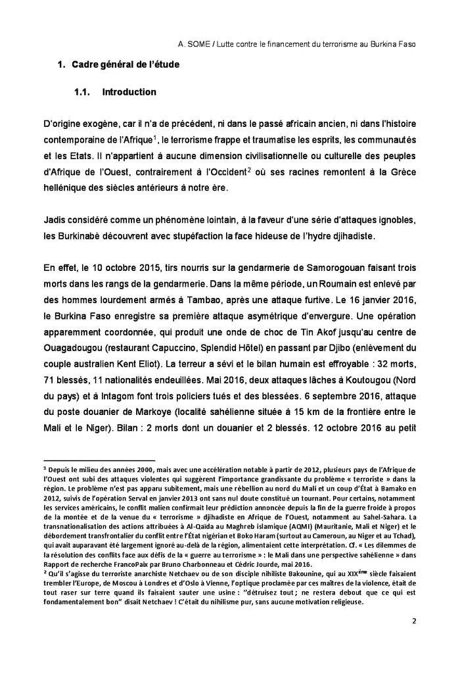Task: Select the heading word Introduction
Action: (x=129, y=92)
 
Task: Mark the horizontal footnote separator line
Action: (x=99, y=460)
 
